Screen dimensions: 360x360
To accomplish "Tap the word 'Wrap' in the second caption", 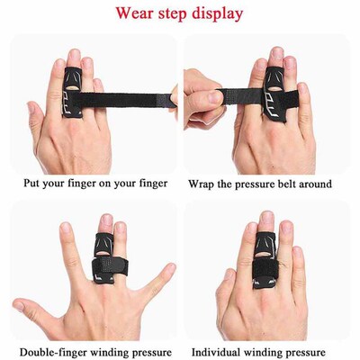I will click(202, 184).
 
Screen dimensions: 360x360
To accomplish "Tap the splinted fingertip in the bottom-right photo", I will click(266, 221).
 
